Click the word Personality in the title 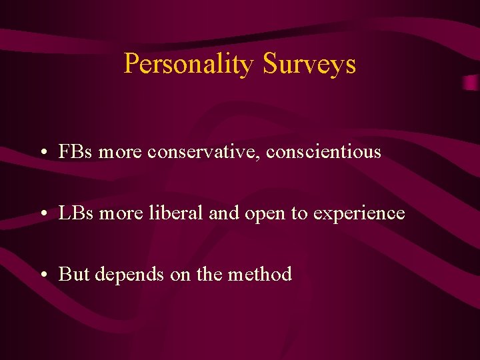click(189, 65)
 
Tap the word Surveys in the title click(309, 65)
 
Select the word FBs click(76, 152)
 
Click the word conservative click(204, 153)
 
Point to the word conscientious click(323, 153)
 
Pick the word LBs click(76, 213)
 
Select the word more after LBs click(120, 214)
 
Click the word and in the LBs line click(224, 213)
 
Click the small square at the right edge click(471, 83)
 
